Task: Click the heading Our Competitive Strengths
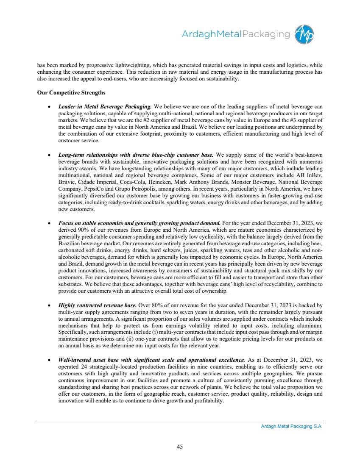[71, 92]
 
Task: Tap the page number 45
[180, 446]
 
